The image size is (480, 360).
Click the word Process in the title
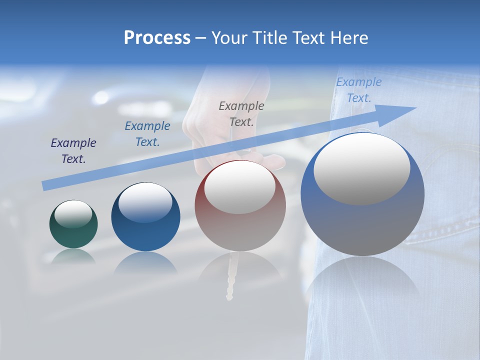pos(157,38)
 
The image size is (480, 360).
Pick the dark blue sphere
pos(145,230)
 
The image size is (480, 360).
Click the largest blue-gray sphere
pos(362,220)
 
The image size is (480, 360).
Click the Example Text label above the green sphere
pos(73,151)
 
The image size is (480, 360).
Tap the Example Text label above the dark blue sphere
pos(147,134)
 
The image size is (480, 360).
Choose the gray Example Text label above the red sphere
pos(241,113)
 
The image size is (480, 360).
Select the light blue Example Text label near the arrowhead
pos(359,90)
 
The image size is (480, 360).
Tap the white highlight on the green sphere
pos(73,213)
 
